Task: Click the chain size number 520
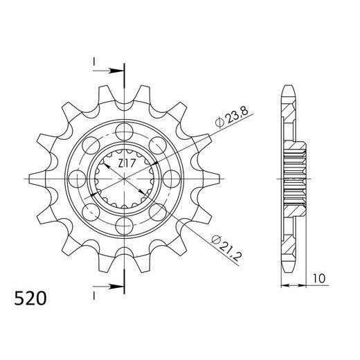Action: [x=30, y=298]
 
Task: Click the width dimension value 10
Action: [x=319, y=278]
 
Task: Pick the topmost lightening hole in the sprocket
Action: [x=125, y=132]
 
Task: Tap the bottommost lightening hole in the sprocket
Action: [x=125, y=226]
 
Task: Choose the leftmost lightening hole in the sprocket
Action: [x=78, y=179]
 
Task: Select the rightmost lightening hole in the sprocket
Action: [x=171, y=179]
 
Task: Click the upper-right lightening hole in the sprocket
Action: [x=158, y=145]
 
